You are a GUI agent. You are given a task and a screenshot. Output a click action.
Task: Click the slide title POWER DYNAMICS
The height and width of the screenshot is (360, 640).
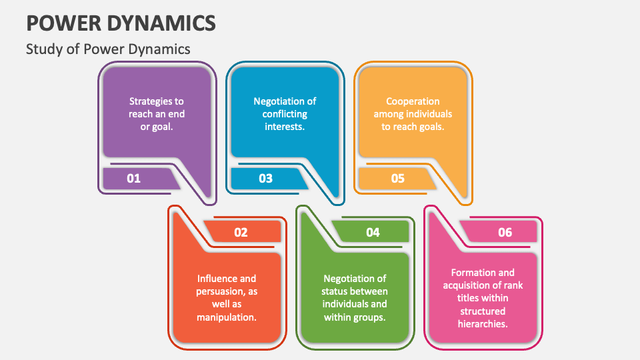tap(121, 23)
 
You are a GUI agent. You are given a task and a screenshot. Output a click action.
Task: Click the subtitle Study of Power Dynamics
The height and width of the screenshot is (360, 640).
tap(108, 49)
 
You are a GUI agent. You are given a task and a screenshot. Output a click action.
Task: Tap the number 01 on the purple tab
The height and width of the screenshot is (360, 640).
tap(134, 178)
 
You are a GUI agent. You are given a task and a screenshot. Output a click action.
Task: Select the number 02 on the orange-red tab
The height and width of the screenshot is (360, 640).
tap(241, 232)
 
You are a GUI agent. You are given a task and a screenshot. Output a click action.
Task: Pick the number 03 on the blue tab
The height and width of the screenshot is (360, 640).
tap(265, 178)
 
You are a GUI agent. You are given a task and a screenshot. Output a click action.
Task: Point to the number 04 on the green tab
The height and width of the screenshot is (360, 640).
tap(373, 232)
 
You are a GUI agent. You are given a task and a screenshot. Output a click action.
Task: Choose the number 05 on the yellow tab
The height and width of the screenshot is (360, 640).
tap(398, 178)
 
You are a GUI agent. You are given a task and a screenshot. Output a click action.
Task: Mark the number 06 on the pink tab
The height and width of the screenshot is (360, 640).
tap(505, 232)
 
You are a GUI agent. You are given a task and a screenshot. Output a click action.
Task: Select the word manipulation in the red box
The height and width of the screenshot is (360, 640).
tap(225, 317)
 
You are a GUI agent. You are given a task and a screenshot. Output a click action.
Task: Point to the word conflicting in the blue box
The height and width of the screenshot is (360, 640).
tap(285, 114)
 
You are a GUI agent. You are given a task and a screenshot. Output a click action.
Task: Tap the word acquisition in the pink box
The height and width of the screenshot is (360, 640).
tap(466, 285)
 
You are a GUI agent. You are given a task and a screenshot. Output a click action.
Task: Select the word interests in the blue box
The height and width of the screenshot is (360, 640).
tap(284, 127)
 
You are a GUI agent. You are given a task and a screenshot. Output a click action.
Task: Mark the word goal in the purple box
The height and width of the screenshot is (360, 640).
tap(162, 127)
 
